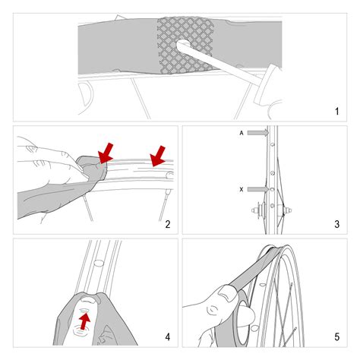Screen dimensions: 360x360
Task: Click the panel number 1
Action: [x=336, y=111]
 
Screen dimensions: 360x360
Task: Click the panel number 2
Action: [x=168, y=224]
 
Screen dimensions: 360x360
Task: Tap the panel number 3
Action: [x=336, y=224]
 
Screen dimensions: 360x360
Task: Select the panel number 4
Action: [x=168, y=337]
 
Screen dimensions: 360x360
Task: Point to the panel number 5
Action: [x=336, y=337]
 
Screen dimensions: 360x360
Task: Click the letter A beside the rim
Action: [x=242, y=133]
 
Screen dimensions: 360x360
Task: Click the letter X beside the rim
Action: [x=242, y=189]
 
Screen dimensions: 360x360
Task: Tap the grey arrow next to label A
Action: [x=257, y=133]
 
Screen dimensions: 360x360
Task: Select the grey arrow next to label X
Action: [x=257, y=189]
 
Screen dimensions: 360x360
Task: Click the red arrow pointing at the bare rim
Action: [x=158, y=157]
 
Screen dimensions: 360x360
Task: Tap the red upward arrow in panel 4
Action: [x=85, y=321]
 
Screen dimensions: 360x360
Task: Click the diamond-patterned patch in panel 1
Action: [x=185, y=45]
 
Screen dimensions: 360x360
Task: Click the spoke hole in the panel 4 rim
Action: [x=98, y=263]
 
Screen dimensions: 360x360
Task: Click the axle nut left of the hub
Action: [x=255, y=210]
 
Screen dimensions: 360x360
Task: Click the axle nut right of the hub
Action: [x=289, y=210]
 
